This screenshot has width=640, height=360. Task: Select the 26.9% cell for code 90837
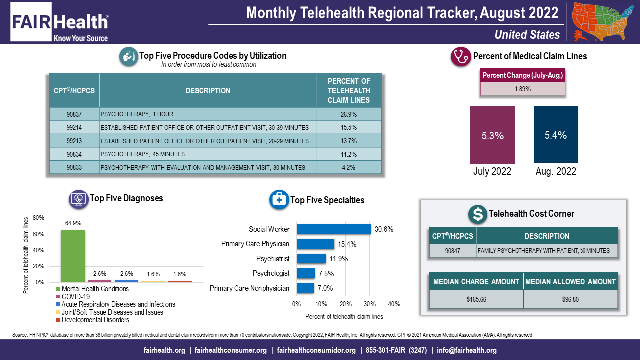(349, 114)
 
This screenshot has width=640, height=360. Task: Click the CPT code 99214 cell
(74, 127)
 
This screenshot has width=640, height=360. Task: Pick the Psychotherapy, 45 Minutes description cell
(208, 154)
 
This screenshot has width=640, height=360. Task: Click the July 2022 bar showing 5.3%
(492, 135)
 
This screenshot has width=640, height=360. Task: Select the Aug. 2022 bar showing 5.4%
(555, 135)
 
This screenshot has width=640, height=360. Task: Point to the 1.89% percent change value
(522, 89)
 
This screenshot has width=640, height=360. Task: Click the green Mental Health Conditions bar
(73, 256)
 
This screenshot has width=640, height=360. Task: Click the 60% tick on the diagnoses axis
(39, 234)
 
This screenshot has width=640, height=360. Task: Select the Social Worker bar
(333, 229)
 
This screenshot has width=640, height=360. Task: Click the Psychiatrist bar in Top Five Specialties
(311, 259)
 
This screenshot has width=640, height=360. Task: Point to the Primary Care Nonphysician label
(249, 288)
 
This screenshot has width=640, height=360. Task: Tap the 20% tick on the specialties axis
(345, 304)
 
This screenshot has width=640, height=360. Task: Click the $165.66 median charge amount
(476, 299)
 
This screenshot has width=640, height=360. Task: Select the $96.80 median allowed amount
(570, 299)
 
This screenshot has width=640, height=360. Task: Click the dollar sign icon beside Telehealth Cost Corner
(478, 214)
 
